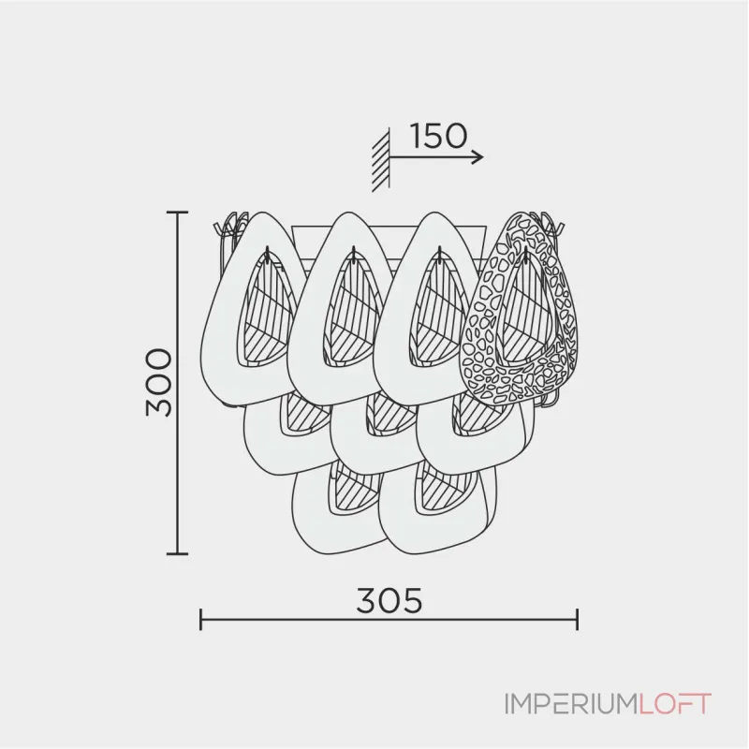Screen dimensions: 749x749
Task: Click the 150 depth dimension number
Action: click(x=438, y=137)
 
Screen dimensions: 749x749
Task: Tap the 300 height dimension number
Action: click(x=160, y=383)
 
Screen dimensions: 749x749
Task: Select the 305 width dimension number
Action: click(x=389, y=600)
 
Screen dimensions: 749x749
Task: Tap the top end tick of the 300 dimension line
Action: click(x=178, y=213)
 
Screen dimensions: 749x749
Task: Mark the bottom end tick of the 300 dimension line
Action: click(x=178, y=553)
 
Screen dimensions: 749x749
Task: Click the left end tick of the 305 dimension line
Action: click(x=201, y=619)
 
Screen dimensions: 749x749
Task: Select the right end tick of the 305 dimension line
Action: click(x=578, y=619)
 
